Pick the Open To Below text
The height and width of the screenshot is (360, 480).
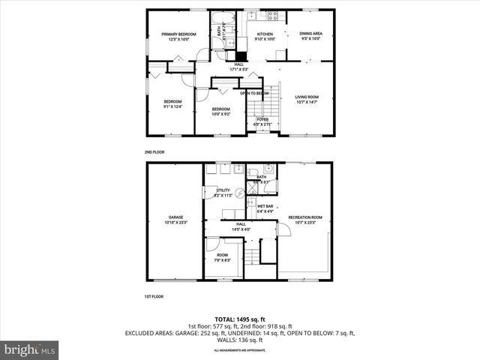pyautogui.click(x=255, y=93)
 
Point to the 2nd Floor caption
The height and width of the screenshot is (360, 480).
pyautogui.click(x=154, y=151)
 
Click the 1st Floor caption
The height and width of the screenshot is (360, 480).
pyautogui.click(x=154, y=296)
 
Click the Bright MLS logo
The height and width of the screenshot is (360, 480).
pyautogui.click(x=30, y=349)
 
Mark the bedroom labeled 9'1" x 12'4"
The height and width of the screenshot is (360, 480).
pyautogui.click(x=173, y=104)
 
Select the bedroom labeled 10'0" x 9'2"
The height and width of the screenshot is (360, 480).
pyautogui.click(x=220, y=112)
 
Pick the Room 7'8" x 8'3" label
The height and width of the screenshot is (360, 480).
pyautogui.click(x=223, y=257)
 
